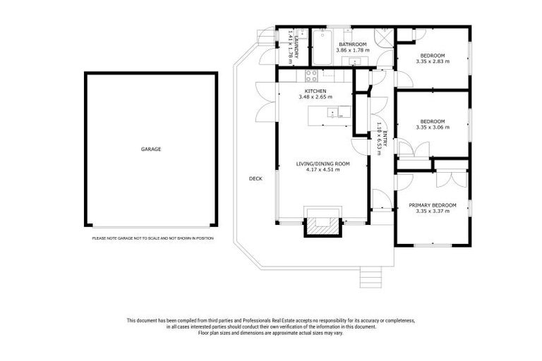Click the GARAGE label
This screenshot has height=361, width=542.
pos(151,149)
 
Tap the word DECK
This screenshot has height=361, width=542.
pos(255,178)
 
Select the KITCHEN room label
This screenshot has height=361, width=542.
pos(315,92)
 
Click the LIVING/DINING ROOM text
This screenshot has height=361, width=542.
pos(322,164)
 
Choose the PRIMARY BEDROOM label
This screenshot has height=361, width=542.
pos(432,205)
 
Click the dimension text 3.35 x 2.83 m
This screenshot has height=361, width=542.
pos(433,61)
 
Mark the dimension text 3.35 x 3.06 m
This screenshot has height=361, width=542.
pos(433,127)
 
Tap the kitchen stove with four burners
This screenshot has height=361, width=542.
pos(311,74)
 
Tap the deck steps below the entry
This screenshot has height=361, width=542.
pos(370,278)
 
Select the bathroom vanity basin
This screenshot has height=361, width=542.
pos(356,62)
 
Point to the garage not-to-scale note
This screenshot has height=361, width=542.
pos(152,238)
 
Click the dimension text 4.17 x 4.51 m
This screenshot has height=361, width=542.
pos(322,170)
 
